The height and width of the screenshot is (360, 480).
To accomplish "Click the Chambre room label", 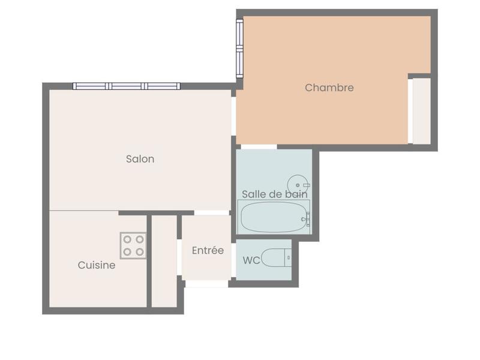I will click(329, 88).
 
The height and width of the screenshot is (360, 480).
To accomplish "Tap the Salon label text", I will click(140, 159).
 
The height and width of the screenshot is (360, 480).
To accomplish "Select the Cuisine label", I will click(97, 265).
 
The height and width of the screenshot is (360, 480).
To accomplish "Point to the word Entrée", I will click(208, 250).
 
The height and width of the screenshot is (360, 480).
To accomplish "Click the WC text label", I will click(251, 260).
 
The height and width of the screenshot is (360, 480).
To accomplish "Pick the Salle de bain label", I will click(275, 194).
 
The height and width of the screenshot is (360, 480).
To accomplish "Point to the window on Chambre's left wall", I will click(239, 48).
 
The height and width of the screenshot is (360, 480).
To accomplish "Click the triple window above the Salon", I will click(127, 86).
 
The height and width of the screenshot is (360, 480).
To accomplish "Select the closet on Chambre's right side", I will click(421, 110).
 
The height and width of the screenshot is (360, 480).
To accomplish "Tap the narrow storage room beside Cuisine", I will click(164, 261).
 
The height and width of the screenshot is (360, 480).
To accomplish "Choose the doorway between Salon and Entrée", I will click(212, 212).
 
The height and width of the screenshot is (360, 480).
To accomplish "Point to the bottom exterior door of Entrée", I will click(206, 283).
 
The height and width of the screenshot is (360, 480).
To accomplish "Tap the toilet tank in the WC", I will click(289, 258).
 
